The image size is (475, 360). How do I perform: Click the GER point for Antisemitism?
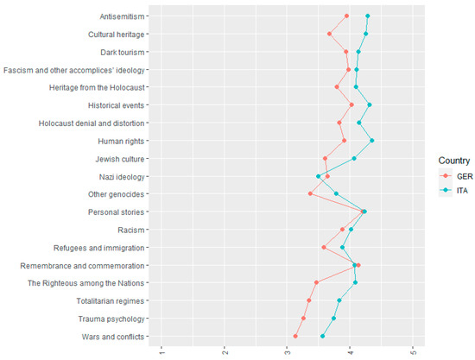tap(346, 16)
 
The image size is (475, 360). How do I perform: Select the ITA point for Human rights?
tap(371, 141)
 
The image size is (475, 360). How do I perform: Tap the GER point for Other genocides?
tap(310, 193)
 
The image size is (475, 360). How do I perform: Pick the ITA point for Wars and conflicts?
tap(323, 336)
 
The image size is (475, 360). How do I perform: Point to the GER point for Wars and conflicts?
tap(295, 336)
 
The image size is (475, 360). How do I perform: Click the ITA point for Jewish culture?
tap(354, 158)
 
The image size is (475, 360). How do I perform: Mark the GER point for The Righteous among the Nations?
tap(317, 282)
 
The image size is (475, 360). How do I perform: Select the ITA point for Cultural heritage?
tap(365, 34)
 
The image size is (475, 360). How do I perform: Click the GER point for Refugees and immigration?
tap(324, 247)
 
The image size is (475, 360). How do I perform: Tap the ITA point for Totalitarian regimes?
tap(339, 300)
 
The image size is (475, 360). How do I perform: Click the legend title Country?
tap(453, 161)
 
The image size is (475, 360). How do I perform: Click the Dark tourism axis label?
tap(121, 52)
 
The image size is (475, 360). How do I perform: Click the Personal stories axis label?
tap(117, 212)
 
